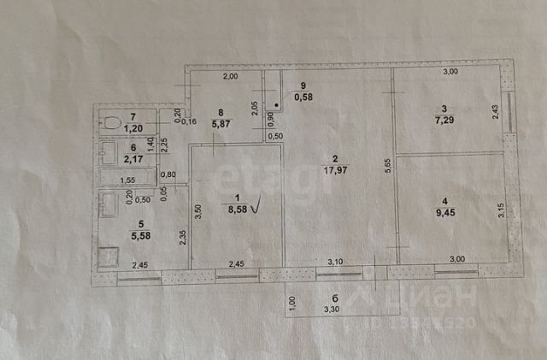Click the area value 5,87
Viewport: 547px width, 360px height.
pos(221,121)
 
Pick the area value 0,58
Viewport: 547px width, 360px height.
pos(303,97)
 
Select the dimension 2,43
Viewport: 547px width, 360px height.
pos(497,112)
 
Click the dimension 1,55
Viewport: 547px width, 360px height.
pos(127,180)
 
